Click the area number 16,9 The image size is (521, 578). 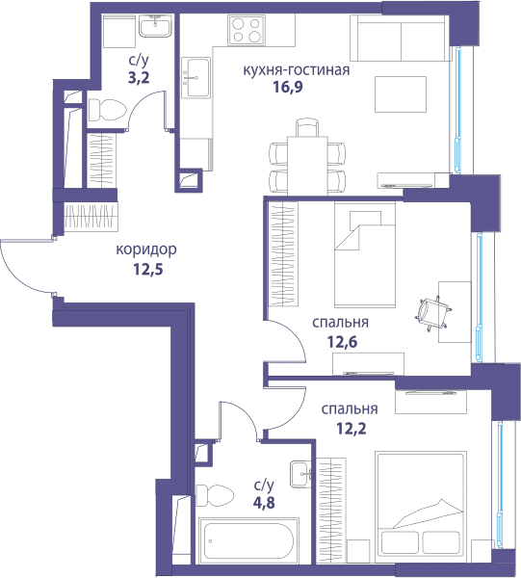288,87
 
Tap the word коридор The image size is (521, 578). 146,250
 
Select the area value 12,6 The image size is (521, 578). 342,342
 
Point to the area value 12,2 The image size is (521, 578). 352,429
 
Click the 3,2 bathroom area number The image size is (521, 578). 139,78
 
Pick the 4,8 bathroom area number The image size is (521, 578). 264,503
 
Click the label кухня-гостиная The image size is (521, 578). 297,69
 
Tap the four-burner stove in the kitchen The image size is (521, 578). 247,30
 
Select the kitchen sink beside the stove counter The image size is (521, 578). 195,77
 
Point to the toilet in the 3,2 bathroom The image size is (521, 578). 107,110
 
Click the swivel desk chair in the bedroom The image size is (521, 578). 433,312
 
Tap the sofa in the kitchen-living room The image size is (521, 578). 401,38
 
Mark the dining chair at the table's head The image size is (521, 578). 307,127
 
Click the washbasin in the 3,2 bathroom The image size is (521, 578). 155,27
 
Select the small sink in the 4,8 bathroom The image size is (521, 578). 301,474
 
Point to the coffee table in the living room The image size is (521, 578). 401,94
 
